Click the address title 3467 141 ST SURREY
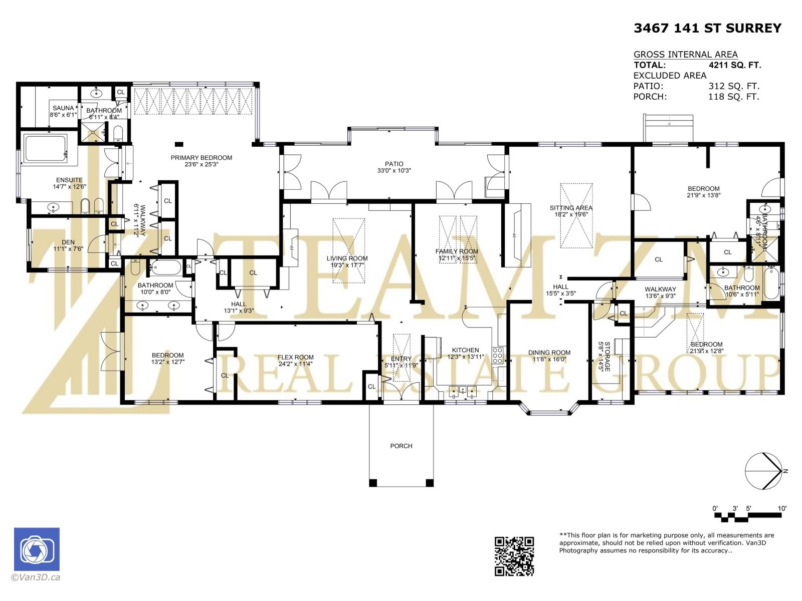tap(707, 28)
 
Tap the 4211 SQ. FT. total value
tap(734, 65)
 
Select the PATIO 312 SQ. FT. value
tap(733, 86)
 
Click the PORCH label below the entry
tap(401, 446)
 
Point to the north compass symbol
tap(763, 471)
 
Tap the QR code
tap(514, 555)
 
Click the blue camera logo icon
tap(37, 549)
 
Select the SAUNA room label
tap(63, 108)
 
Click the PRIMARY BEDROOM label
tap(201, 158)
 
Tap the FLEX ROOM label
tap(295, 358)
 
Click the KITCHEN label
tap(465, 350)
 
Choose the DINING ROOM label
tap(549, 352)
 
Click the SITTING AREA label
tap(571, 208)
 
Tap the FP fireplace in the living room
tap(292, 248)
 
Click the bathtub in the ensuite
tap(46, 149)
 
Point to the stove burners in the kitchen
tap(498, 355)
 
